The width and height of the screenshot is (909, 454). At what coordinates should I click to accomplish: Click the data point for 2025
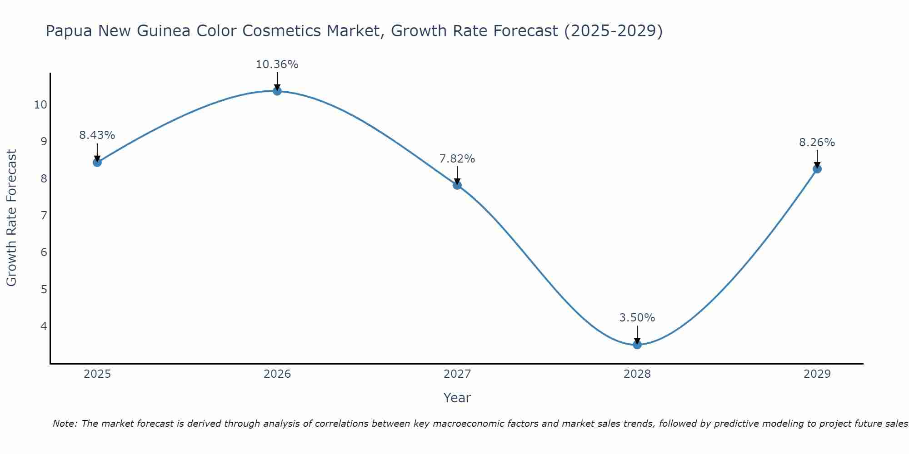click(97, 162)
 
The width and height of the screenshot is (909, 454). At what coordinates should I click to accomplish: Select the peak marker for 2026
click(277, 91)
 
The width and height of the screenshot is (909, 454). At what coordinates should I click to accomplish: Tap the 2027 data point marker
click(457, 185)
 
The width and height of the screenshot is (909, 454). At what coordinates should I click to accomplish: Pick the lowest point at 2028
click(637, 345)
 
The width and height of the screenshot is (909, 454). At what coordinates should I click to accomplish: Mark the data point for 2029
click(817, 169)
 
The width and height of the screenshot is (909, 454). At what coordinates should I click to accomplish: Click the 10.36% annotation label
click(277, 64)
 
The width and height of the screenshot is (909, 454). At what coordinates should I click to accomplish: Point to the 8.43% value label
click(97, 135)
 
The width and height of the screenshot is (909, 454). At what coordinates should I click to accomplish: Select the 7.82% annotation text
click(457, 159)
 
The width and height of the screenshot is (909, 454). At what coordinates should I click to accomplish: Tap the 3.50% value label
click(637, 318)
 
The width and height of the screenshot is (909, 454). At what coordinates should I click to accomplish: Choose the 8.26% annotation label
click(817, 143)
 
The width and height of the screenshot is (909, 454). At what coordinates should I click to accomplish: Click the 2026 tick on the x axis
click(277, 374)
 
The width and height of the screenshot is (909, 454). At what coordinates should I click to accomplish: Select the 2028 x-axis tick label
click(637, 374)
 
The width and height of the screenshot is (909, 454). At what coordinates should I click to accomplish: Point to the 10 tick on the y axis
click(40, 105)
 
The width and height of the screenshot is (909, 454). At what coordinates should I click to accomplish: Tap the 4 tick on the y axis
click(44, 326)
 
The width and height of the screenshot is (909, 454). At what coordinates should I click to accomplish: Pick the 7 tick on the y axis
click(44, 215)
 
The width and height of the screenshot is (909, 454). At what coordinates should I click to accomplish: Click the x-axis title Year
click(457, 398)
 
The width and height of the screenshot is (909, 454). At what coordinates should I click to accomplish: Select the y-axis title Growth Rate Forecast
click(12, 218)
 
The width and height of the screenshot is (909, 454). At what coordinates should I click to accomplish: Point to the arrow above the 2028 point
click(637, 335)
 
